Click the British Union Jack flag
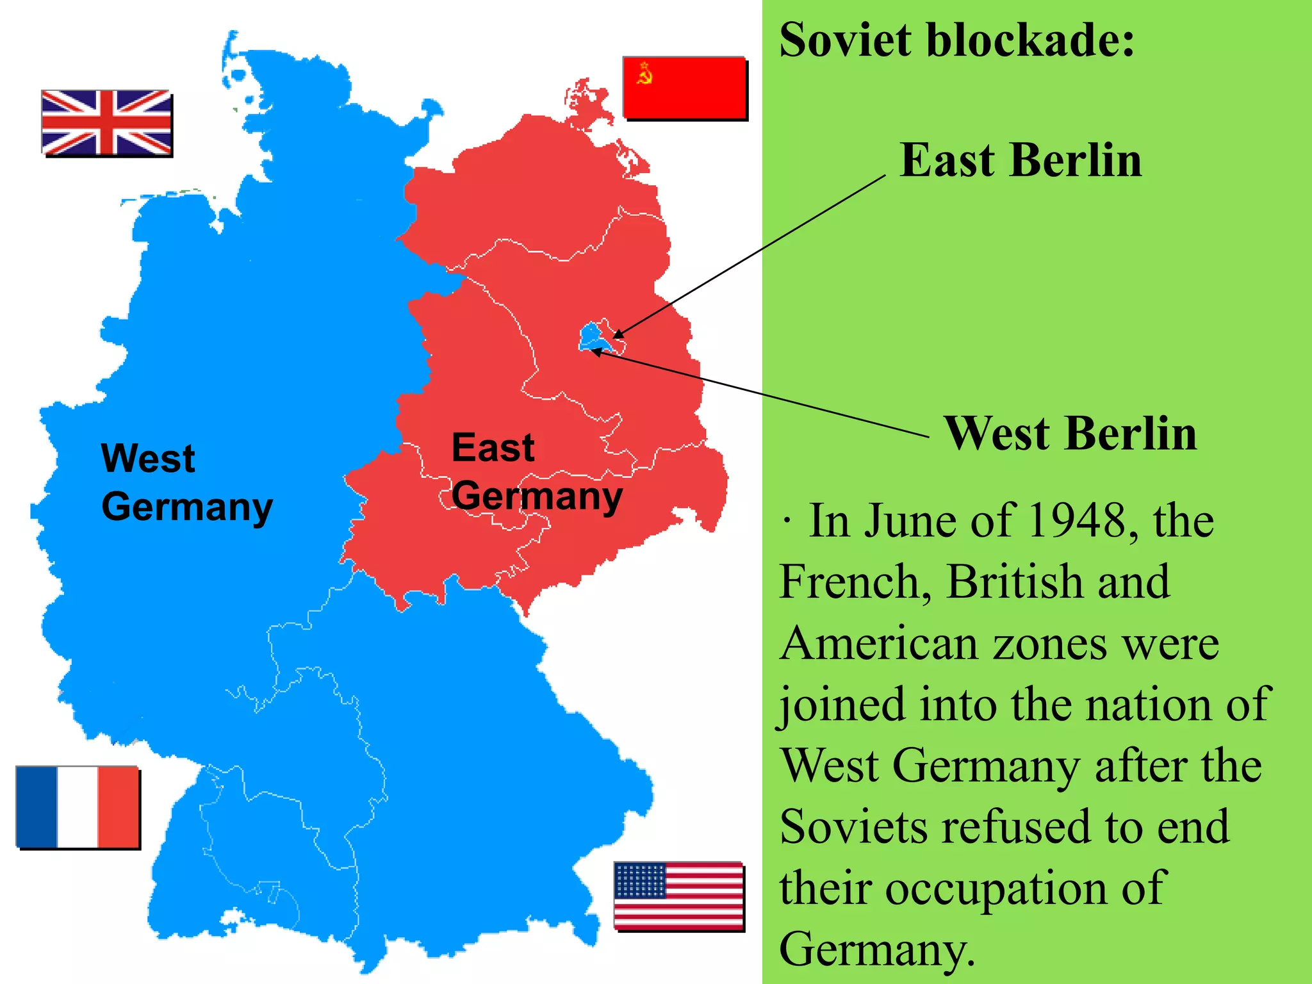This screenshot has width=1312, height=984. (106, 123)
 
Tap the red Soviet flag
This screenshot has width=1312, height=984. (684, 88)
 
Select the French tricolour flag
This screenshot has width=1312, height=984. (77, 807)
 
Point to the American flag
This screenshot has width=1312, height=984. (678, 895)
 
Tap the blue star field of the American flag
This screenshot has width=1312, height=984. (640, 880)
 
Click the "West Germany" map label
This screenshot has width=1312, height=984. (186, 482)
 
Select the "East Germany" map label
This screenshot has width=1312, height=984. (536, 471)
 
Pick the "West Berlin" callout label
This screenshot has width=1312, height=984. (1070, 434)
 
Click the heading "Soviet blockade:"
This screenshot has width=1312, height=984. (957, 40)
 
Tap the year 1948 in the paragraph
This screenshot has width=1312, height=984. (1077, 520)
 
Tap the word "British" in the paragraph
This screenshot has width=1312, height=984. (1014, 582)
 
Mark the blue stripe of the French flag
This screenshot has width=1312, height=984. (37, 807)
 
